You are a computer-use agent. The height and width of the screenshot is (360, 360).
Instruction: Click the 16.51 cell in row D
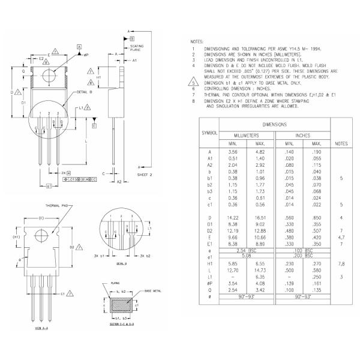(x=260, y=217)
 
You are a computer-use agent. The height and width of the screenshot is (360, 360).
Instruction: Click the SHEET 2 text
(x=146, y=175)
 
